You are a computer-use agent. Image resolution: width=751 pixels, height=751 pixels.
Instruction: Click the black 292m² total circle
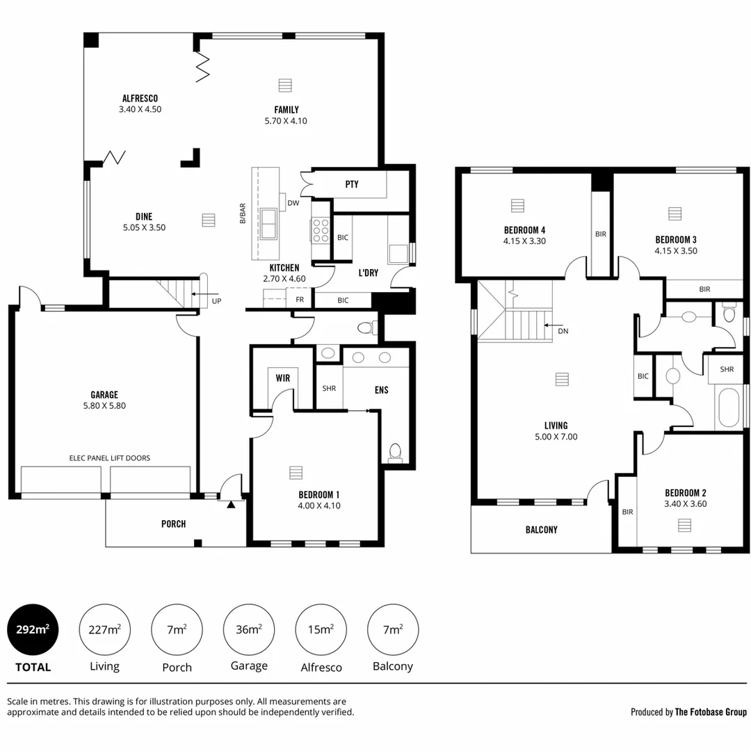[33, 630]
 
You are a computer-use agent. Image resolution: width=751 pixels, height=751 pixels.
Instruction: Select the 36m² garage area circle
[248, 630]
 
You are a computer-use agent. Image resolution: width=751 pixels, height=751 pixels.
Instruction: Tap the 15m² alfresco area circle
[321, 630]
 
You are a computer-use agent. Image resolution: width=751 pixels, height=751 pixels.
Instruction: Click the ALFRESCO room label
[140, 99]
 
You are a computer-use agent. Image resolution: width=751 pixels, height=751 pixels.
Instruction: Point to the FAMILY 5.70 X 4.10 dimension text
[286, 121]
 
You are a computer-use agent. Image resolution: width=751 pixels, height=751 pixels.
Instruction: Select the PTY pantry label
[352, 184]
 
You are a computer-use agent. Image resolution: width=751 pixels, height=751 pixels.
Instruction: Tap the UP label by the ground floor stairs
[216, 301]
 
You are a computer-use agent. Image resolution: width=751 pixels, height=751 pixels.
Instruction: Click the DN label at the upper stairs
[563, 331]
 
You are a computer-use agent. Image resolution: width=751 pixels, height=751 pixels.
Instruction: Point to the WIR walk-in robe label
[283, 378]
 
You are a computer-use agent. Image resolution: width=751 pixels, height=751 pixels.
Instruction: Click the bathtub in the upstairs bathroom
[729, 408]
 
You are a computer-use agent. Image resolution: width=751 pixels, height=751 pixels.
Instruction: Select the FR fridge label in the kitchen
[300, 300]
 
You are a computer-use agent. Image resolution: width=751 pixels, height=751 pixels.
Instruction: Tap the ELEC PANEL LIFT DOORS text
[110, 458]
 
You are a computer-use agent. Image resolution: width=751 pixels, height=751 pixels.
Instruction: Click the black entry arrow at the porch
[231, 503]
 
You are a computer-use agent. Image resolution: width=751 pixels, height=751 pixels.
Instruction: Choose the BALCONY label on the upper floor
[541, 530]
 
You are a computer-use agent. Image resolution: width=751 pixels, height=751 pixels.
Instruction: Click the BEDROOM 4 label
[524, 230]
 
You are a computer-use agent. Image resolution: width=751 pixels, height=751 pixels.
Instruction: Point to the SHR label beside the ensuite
[329, 388]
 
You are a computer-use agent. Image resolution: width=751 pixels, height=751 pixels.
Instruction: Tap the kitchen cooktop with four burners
[320, 230]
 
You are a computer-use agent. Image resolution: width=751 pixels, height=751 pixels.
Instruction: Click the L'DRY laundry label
[368, 273]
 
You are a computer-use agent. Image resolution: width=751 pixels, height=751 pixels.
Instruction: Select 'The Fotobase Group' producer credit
[711, 712]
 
